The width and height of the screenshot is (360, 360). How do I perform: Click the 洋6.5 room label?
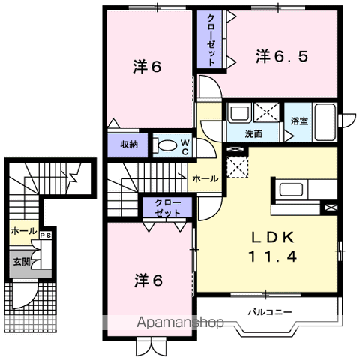[282, 56]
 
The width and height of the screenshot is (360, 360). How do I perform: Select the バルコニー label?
[270, 311]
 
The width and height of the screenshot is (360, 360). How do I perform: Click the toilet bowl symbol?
[166, 145]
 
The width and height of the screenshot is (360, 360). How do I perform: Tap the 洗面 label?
[253, 134]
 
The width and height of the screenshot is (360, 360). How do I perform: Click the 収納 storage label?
[129, 145]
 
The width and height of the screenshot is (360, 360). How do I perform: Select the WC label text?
[184, 145]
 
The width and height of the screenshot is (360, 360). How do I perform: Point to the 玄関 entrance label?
[20, 262]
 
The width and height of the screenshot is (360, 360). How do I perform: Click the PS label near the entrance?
[46, 234]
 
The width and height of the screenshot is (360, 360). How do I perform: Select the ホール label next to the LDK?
[205, 179]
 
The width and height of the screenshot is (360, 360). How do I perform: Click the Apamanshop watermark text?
[178, 323]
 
